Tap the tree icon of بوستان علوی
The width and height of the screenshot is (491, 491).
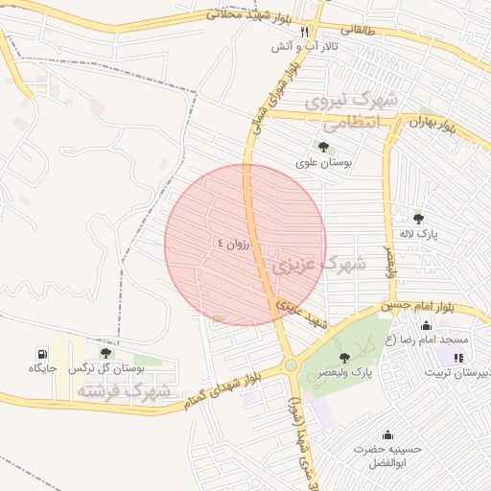coord(322,147)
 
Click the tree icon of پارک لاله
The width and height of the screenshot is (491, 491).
coord(418,219)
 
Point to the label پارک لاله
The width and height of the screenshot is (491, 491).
coord(418,235)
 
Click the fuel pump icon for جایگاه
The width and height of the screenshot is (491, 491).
coord(42,352)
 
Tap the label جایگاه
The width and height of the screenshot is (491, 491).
coord(43,368)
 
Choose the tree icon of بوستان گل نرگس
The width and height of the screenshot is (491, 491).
coord(105,352)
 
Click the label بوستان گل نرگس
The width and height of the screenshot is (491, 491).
coord(114,368)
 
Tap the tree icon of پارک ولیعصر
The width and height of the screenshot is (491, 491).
coord(344,357)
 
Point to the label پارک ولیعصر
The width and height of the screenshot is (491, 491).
coord(348,372)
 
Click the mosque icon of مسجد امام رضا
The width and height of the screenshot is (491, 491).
coord(426,325)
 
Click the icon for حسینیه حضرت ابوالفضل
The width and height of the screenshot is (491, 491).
coord(387,434)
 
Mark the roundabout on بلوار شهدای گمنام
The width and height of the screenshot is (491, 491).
coord(290,365)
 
